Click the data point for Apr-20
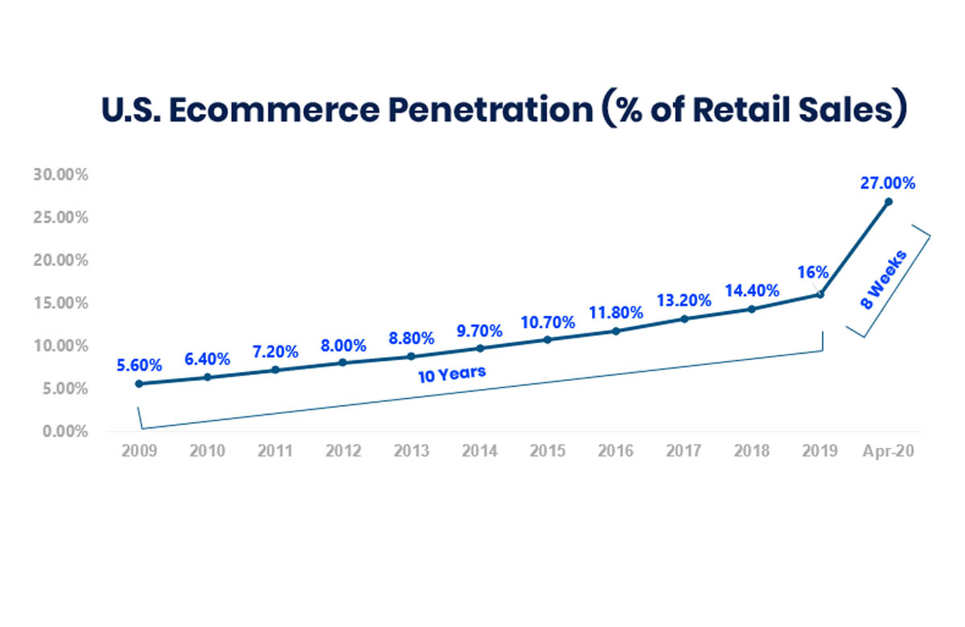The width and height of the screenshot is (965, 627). pyautogui.click(x=889, y=202)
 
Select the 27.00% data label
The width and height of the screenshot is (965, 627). pyautogui.click(x=888, y=182)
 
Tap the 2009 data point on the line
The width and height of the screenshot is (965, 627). pyautogui.click(x=139, y=384)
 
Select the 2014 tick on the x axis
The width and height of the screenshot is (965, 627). pyautogui.click(x=479, y=451)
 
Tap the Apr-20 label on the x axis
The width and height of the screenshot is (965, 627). pyautogui.click(x=888, y=451)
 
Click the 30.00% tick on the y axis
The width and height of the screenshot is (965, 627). pyautogui.click(x=62, y=175)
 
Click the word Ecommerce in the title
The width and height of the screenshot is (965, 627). pyautogui.click(x=273, y=110)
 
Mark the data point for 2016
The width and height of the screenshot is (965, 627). pyautogui.click(x=616, y=331)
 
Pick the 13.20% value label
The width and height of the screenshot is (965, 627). pyautogui.click(x=684, y=300)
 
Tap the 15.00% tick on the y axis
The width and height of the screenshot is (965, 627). pyautogui.click(x=62, y=303)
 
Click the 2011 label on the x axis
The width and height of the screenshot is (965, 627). pyautogui.click(x=275, y=451)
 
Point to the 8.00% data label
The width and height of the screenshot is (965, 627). pyautogui.click(x=343, y=346)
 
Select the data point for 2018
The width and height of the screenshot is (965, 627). pyautogui.click(x=752, y=309)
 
